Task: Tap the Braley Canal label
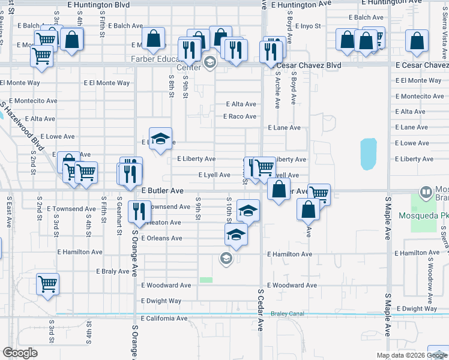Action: point(287,313)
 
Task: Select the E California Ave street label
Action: point(164,318)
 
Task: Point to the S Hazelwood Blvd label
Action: point(23,123)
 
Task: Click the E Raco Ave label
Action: point(240,116)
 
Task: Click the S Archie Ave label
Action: point(277,91)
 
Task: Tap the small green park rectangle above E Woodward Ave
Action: point(206,280)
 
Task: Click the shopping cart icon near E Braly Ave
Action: point(47,284)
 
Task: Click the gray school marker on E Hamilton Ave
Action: point(226,258)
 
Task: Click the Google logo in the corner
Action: point(20,353)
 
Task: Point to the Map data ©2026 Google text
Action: point(411,355)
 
